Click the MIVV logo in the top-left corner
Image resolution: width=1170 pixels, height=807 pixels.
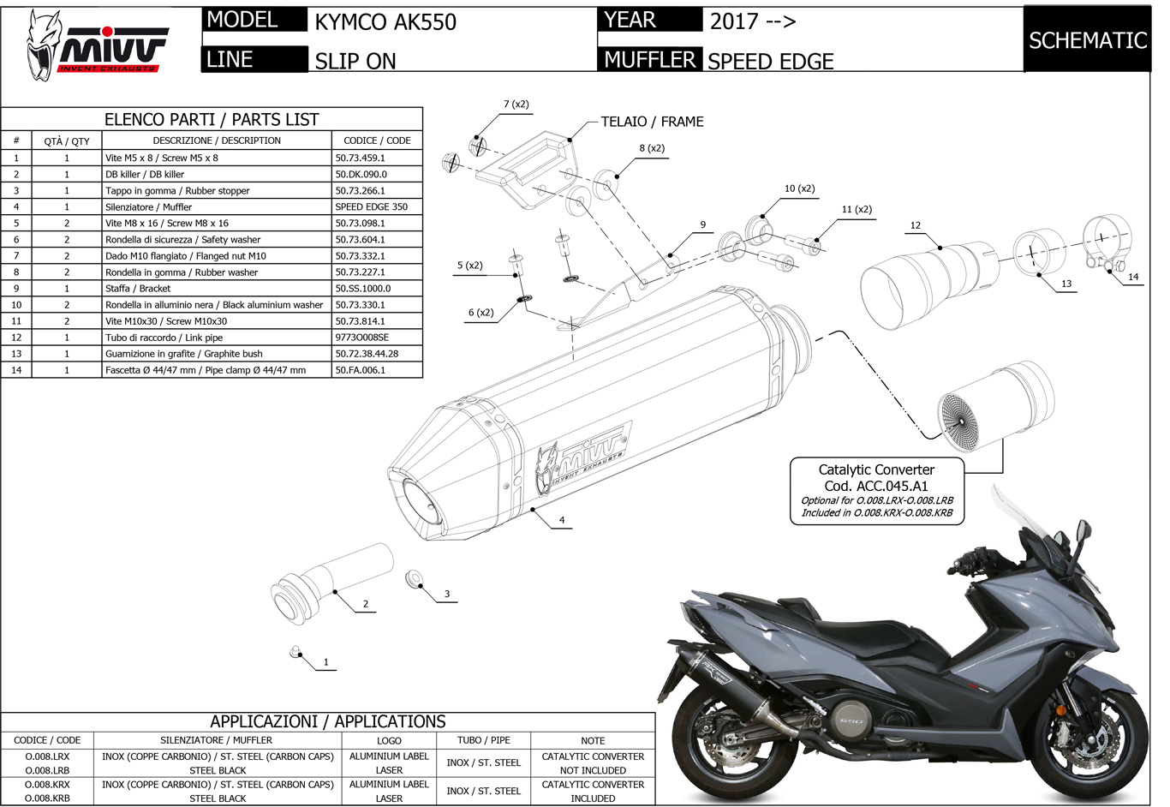94,46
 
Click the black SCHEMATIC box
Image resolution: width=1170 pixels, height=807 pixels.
1087,40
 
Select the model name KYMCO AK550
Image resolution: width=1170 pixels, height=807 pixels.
385,21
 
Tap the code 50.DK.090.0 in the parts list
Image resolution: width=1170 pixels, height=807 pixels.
361,174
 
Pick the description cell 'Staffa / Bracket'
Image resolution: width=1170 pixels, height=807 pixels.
138,289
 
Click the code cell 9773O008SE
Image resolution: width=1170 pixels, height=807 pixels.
361,338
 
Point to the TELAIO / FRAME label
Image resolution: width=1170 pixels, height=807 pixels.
652,122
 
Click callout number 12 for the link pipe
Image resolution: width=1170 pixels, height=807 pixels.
916,225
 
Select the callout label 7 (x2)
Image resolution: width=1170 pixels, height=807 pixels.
516,105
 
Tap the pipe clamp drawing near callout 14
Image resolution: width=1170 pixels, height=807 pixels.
1107,238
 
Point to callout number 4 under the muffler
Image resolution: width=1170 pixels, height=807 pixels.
562,520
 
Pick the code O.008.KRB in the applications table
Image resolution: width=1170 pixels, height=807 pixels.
47,798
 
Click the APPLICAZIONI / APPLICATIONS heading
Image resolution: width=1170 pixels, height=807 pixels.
328,721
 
